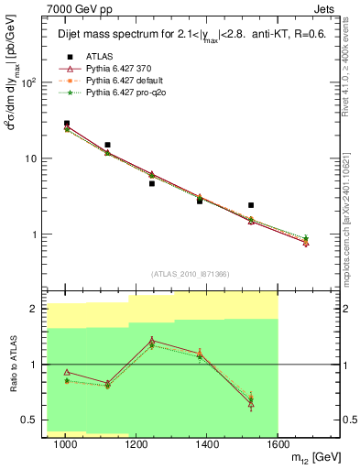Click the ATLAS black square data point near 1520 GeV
click(251, 205)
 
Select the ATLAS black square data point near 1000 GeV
click(67, 123)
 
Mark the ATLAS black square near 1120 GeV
click(108, 145)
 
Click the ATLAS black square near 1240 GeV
click(152, 183)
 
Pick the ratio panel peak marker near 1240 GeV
click(152, 341)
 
